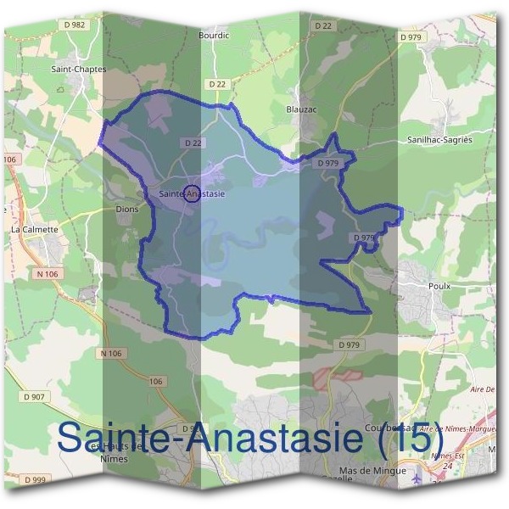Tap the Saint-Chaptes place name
(79, 70)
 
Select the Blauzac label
(303, 109)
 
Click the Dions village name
(126, 209)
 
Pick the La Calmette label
(35, 229)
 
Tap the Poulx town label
(439, 286)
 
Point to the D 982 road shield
(76, 25)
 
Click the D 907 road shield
(35, 396)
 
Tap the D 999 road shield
(35, 480)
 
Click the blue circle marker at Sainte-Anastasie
(192, 193)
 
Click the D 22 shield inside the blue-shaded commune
(191, 142)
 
